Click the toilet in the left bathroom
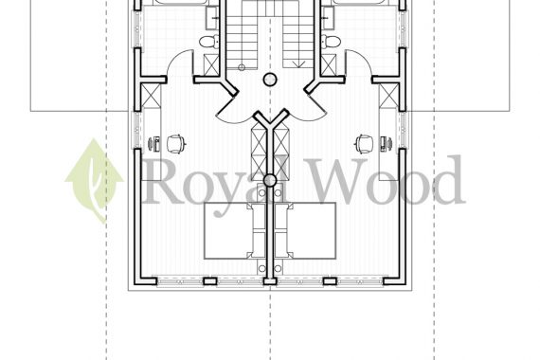[x=208, y=42]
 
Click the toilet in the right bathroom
[x=332, y=42]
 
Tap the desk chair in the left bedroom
[x=176, y=144]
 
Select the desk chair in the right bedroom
[x=365, y=144]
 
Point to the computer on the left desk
[x=154, y=144]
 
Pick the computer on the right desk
[x=386, y=144]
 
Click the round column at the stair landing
[x=270, y=80]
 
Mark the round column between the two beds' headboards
[x=270, y=180]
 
